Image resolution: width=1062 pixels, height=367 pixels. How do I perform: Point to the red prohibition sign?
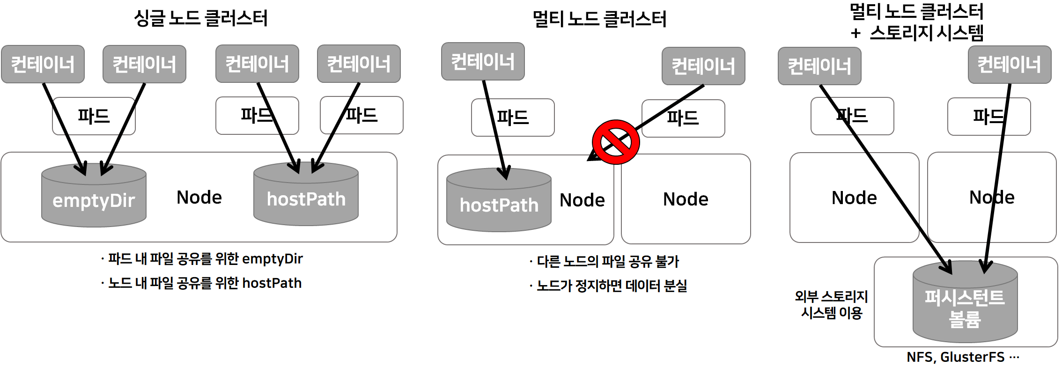(616, 142)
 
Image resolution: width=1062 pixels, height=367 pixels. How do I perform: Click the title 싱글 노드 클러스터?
(200, 19)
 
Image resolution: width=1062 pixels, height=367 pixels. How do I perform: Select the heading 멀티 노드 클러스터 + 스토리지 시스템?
(916, 22)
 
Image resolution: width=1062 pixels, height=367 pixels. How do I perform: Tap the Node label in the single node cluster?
(199, 198)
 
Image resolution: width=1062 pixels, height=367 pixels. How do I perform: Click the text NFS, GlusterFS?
(962, 357)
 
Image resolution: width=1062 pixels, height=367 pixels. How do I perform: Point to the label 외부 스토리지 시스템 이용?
(831, 304)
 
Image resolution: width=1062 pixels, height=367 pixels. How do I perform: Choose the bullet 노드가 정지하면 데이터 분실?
(609, 286)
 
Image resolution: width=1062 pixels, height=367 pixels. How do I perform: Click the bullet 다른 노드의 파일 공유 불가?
(605, 261)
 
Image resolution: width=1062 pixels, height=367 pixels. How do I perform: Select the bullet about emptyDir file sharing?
(202, 258)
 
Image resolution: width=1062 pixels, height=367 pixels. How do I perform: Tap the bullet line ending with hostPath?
(202, 283)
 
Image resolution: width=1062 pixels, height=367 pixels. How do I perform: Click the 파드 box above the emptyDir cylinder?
(94, 116)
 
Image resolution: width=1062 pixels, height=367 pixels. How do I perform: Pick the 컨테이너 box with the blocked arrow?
(703, 66)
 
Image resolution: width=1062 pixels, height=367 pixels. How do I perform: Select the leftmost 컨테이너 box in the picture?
(43, 64)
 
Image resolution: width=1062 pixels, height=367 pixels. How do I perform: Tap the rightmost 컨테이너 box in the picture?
(1009, 65)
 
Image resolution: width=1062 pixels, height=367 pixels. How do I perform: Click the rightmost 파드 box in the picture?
(988, 117)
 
